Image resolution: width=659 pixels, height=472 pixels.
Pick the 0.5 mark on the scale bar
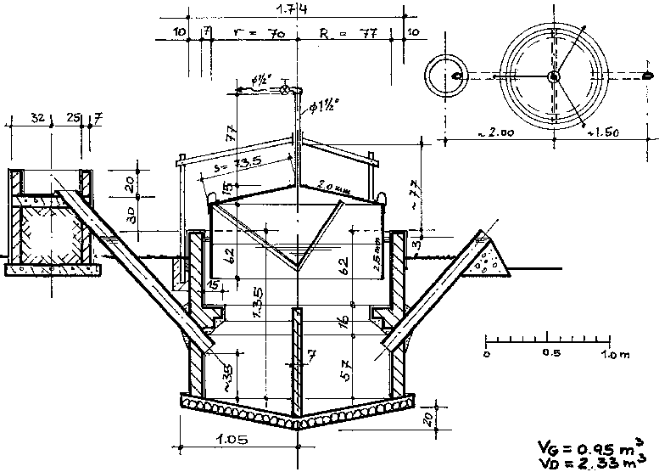(550, 352)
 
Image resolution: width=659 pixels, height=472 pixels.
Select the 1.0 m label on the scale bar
(617, 352)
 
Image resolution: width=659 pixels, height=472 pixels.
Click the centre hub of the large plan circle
(553, 76)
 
